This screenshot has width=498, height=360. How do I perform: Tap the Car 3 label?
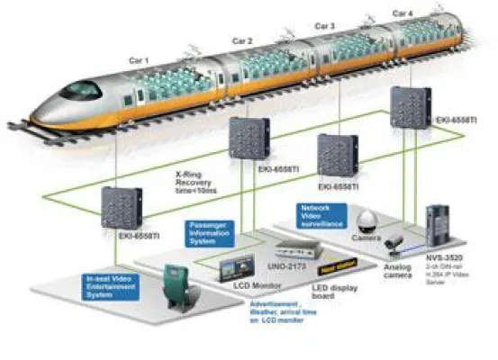click(x=326, y=26)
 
